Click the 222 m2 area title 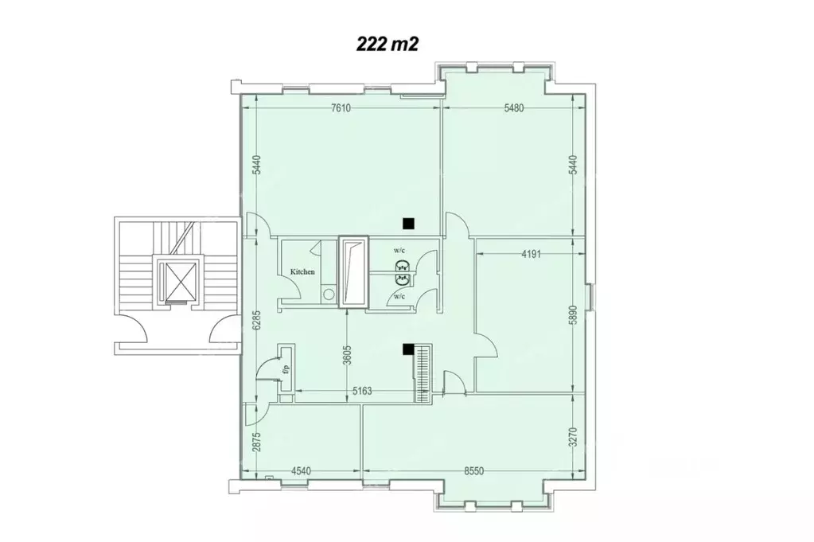coord(388,45)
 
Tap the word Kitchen coord(302,272)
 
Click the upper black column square coord(409,223)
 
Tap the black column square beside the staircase coord(407,349)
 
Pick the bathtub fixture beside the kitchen coord(353,271)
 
